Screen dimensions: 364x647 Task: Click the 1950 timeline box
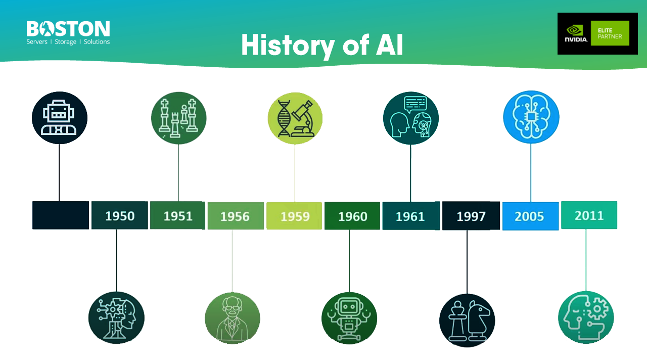[120, 216]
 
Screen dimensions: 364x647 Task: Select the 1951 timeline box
[178, 216]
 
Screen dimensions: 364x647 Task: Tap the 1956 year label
[235, 216]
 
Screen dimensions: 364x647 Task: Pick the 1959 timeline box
[295, 216]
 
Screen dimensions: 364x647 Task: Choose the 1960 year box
[352, 216]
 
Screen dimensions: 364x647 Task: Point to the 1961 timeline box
[410, 216]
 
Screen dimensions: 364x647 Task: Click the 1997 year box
[471, 216]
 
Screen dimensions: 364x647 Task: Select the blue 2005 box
[530, 216]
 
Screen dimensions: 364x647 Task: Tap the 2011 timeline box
[589, 215]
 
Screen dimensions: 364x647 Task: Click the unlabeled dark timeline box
[61, 215]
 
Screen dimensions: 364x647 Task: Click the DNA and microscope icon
[295, 118]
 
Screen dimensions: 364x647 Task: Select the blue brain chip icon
[531, 117]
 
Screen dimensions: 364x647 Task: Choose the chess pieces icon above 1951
[178, 118]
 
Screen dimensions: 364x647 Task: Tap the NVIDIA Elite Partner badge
[597, 33]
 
